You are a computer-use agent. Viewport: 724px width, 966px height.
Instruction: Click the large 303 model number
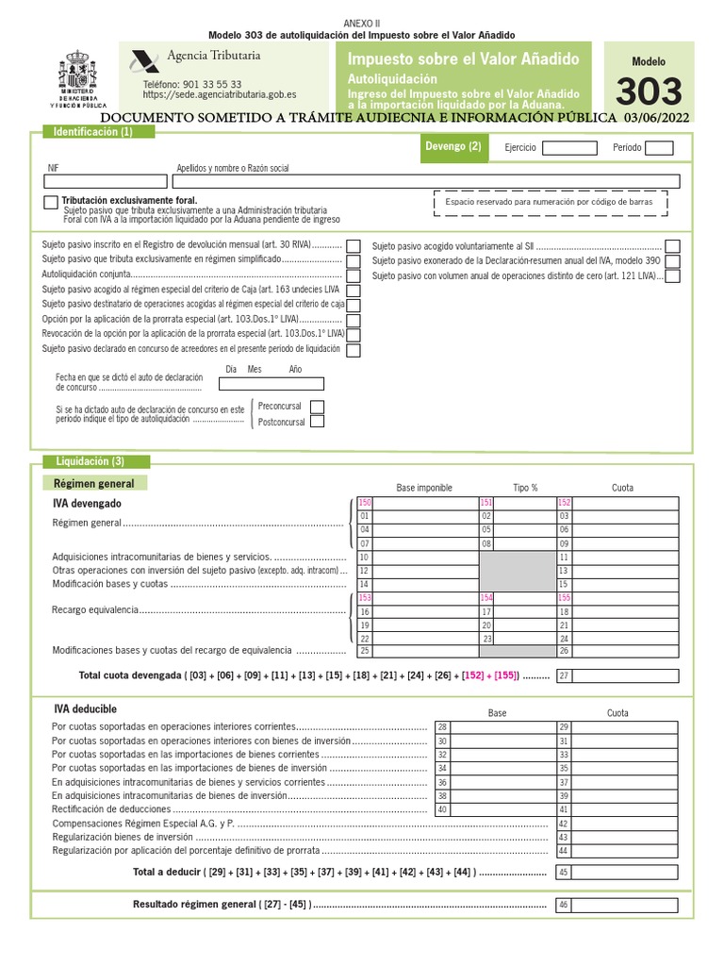[x=648, y=92]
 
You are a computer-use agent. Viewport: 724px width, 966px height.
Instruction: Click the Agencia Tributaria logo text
[x=213, y=56]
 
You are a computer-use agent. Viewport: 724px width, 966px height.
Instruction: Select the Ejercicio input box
[x=569, y=148]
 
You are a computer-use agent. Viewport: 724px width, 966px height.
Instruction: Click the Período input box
[x=659, y=148]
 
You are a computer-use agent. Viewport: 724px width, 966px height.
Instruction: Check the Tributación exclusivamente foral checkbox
[x=50, y=203]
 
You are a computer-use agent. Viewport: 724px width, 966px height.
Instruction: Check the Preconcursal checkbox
[x=317, y=407]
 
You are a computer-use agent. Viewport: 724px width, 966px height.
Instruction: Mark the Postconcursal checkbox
[x=317, y=422]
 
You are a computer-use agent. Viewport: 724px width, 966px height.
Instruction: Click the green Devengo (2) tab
[x=452, y=147]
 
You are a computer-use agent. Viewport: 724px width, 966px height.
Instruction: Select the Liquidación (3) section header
[x=90, y=461]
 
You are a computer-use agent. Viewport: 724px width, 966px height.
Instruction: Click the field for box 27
[x=624, y=675]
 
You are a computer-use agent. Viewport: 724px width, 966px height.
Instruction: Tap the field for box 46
[x=624, y=906]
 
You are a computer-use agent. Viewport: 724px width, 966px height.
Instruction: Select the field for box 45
[x=624, y=873]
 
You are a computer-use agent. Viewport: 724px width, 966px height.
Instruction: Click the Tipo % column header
[x=525, y=488]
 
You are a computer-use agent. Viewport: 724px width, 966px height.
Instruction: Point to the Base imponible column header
[x=424, y=488]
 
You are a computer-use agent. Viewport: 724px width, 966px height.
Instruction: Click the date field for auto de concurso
[x=271, y=384]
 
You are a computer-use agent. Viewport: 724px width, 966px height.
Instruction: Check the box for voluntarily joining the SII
[x=671, y=245]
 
